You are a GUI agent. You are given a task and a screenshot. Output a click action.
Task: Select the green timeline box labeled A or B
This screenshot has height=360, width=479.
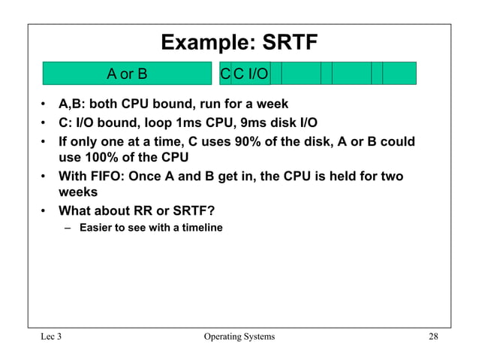(x=127, y=74)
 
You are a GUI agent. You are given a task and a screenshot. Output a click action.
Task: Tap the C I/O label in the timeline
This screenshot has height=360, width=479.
(x=250, y=74)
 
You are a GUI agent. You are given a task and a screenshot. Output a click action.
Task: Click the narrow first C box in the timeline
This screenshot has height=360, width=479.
(x=225, y=74)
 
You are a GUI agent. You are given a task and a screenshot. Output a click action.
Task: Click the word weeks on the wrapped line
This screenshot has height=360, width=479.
(x=77, y=192)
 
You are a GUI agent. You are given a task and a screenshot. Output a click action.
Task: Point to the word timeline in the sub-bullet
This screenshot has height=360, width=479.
(x=201, y=228)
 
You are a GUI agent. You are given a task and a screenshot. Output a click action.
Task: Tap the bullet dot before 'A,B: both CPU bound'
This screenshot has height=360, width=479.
(x=46, y=104)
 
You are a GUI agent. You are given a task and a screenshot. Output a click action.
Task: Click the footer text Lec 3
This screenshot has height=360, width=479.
(x=50, y=337)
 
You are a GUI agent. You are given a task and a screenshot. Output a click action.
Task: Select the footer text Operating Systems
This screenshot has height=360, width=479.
(x=239, y=337)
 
